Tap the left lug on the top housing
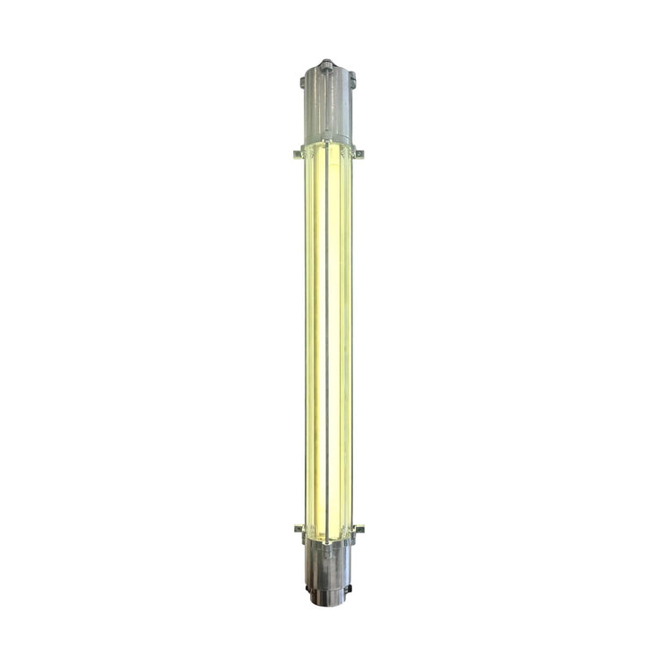(x=303, y=82)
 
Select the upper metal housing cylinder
(x=328, y=108)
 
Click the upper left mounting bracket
(x=298, y=154)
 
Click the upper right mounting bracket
(x=358, y=153)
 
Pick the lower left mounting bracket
(x=298, y=529)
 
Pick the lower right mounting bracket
(x=358, y=529)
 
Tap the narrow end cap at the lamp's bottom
(x=328, y=595)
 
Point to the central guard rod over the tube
(x=328, y=341)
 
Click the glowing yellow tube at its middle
(x=321, y=341)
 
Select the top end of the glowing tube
(x=328, y=151)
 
